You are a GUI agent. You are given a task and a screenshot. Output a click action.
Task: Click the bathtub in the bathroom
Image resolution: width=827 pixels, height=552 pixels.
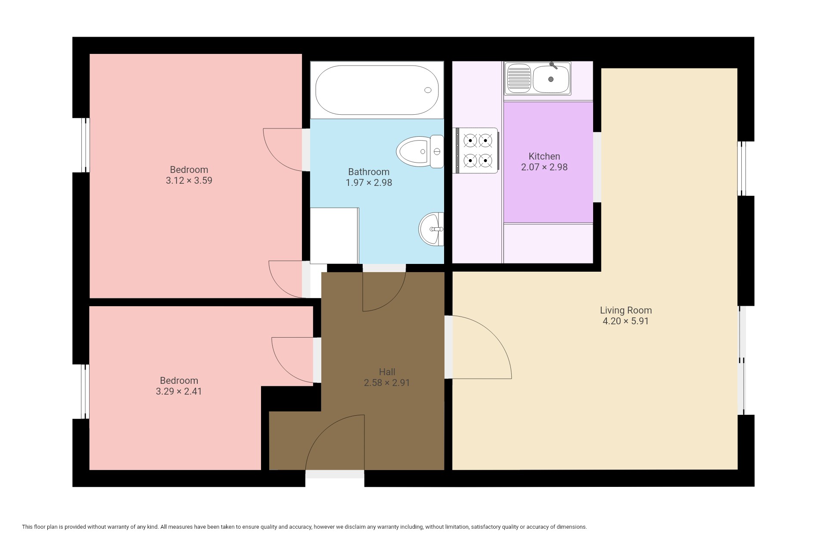click(377, 90)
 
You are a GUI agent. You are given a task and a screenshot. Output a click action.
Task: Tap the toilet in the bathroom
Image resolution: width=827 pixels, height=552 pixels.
click(420, 151)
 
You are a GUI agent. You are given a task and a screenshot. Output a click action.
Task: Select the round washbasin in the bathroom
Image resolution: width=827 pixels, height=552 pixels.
click(431, 229)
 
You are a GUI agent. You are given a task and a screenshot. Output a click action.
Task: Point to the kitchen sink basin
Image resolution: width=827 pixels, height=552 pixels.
click(551, 79)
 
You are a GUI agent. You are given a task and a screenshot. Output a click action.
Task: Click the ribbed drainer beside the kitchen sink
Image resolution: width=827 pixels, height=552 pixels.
click(519, 78)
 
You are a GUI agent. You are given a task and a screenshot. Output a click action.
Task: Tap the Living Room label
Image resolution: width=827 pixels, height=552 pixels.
click(626, 310)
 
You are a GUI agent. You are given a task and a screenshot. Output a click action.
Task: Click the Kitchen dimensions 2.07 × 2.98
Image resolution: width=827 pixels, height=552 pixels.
click(544, 167)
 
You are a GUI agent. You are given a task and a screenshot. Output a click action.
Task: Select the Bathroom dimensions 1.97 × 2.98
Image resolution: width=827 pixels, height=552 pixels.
click(369, 182)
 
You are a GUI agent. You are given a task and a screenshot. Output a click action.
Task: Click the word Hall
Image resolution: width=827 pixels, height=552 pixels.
click(387, 372)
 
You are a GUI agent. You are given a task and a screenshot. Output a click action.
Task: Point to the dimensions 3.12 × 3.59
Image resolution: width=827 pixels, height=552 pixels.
click(189, 180)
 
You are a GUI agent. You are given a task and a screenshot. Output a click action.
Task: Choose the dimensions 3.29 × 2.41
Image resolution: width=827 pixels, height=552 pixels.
click(179, 391)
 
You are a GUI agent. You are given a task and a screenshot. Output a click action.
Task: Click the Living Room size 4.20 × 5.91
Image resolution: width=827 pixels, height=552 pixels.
click(626, 321)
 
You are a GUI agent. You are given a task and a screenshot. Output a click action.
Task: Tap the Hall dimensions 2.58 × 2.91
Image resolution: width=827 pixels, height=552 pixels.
click(387, 383)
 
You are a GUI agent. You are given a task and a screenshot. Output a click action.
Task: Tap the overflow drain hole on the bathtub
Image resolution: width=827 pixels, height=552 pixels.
click(428, 90)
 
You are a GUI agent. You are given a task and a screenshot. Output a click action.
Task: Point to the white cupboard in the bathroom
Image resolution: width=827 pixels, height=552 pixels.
click(335, 236)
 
